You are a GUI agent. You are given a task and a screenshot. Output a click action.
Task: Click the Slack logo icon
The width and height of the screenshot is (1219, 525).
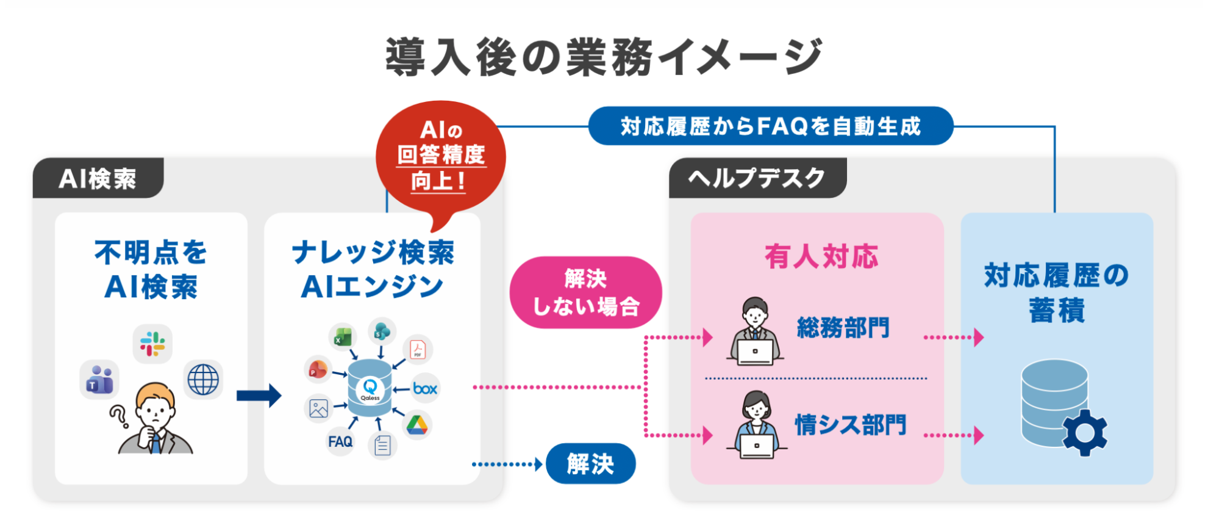click(x=152, y=344)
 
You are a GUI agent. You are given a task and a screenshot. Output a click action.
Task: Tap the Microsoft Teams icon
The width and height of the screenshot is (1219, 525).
click(x=99, y=379)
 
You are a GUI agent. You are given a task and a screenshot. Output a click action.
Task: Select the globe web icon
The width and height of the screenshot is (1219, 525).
click(x=203, y=380)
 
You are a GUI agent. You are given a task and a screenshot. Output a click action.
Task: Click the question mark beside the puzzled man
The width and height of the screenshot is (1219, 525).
click(x=119, y=416)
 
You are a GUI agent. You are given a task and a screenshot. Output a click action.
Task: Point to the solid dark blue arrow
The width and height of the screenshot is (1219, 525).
click(x=259, y=396)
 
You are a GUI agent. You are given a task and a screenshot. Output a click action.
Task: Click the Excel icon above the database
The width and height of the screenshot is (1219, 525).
click(x=343, y=336)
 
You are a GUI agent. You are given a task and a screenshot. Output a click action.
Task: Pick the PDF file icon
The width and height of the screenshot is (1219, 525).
click(x=418, y=349)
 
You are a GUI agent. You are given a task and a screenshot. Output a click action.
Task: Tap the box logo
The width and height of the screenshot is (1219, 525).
click(x=425, y=388)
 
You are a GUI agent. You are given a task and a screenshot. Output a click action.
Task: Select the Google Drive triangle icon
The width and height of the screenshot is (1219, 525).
click(x=417, y=425)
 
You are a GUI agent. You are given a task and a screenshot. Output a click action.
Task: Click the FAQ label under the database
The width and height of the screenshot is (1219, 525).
click(x=340, y=441)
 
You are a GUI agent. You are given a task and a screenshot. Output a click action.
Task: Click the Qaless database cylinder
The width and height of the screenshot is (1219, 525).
click(x=370, y=388)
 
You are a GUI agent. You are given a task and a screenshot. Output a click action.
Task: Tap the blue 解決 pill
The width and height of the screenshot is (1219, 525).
click(x=590, y=464)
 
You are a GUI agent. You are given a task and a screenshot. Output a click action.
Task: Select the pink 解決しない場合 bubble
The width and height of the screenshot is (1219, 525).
click(x=585, y=292)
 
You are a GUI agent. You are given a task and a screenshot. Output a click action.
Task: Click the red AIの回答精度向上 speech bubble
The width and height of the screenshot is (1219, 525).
click(x=441, y=159)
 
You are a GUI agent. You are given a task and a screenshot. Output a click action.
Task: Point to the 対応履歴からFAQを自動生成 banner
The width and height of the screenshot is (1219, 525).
click(x=770, y=126)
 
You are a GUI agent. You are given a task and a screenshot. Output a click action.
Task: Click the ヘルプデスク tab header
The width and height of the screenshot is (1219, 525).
click(x=757, y=178)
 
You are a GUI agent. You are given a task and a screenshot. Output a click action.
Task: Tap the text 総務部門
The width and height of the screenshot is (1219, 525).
click(x=843, y=328)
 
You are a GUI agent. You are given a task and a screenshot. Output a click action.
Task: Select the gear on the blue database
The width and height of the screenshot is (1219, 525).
click(x=1085, y=433)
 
